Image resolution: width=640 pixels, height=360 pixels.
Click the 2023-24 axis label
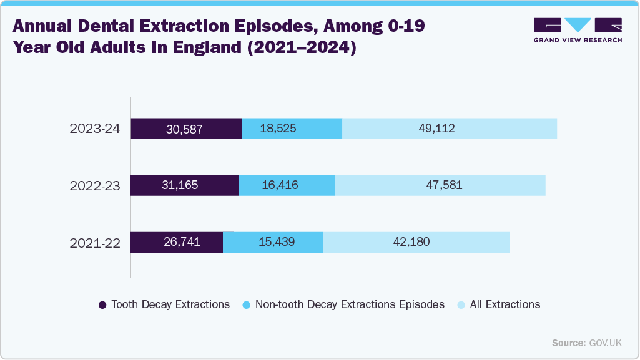pos(95,129)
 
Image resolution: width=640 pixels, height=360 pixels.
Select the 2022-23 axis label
pos(95,185)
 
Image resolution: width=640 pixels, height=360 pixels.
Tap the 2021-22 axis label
pos(95,242)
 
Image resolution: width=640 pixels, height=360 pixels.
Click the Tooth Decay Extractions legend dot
pos(102,305)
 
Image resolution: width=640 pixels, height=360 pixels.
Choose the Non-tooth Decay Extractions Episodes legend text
pos(350,305)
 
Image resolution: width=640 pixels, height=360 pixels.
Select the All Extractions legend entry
pos(499,305)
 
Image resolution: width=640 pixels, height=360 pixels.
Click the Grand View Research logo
pos(578,30)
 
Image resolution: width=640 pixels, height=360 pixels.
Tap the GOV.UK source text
pos(605,343)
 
